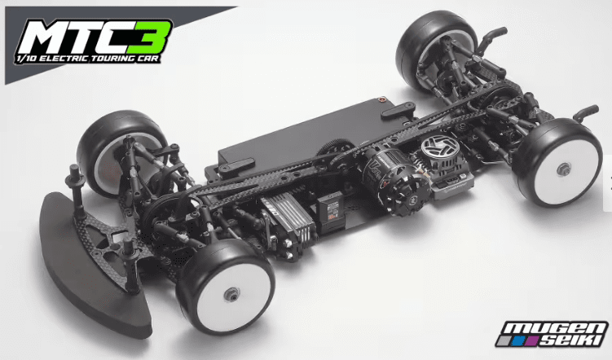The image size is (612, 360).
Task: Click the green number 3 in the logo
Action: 150,37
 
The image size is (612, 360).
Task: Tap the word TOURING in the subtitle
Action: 112,59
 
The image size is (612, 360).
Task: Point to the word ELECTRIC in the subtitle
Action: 64,59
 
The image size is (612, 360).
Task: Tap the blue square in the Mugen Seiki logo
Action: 518,341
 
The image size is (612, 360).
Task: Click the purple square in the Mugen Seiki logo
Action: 533,341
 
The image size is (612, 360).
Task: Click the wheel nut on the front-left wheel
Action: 231,293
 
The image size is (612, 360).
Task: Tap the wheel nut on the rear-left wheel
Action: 563,169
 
